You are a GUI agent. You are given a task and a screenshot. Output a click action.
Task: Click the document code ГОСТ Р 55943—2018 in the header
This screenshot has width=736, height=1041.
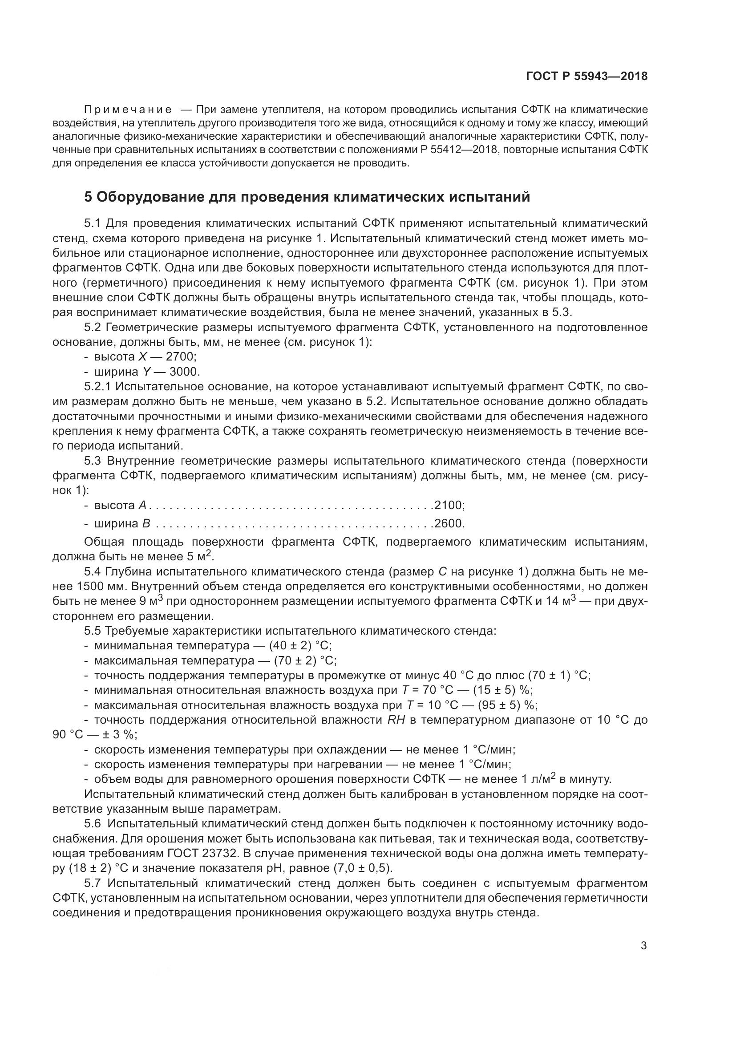(x=586, y=77)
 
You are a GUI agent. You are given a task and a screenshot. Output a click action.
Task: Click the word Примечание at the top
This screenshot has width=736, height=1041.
(x=128, y=109)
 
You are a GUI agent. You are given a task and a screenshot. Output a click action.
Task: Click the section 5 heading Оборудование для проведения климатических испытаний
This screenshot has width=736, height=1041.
(x=307, y=197)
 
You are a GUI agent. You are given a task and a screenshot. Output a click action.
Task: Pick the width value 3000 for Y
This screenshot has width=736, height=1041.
(x=184, y=372)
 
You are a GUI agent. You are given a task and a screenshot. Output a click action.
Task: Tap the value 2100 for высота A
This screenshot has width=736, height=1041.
(x=448, y=505)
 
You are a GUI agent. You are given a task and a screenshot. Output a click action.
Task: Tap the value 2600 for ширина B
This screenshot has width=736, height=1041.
(x=448, y=524)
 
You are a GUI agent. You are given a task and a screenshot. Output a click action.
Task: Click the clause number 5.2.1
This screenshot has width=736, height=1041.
(x=98, y=387)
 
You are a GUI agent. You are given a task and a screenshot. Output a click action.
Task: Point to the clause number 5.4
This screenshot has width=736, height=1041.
(x=93, y=572)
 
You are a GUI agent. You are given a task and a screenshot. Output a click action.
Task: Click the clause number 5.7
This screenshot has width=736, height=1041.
(x=93, y=883)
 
